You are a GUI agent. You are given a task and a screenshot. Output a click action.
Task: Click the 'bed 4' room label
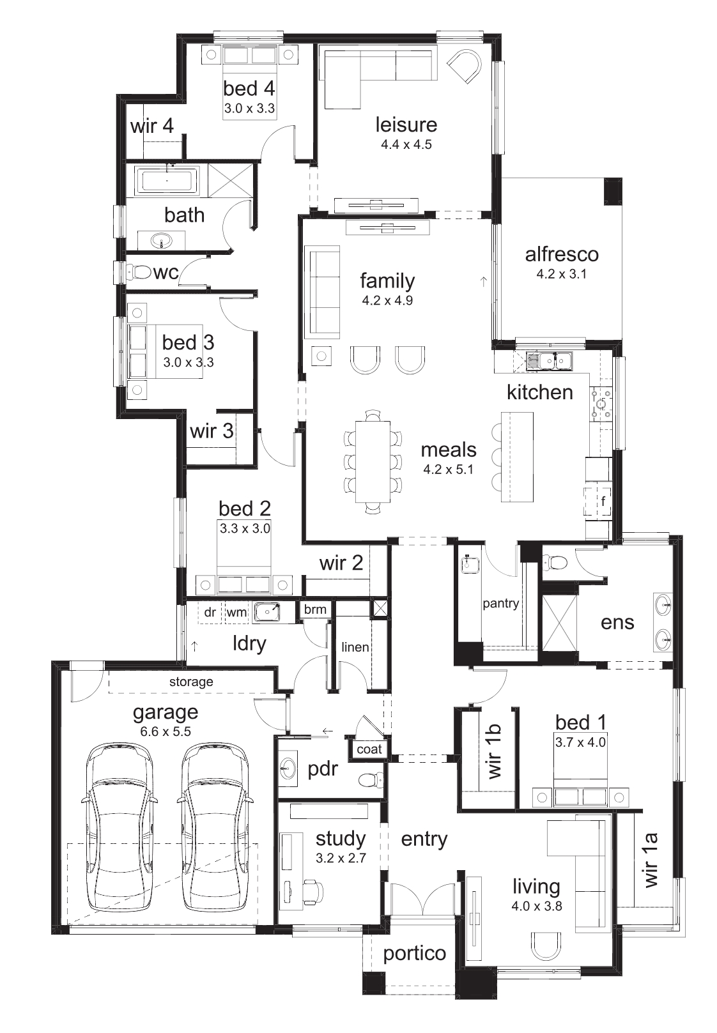point(249,88)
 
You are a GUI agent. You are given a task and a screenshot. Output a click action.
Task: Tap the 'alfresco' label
point(562,254)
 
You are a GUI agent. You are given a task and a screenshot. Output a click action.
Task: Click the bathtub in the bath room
point(167,180)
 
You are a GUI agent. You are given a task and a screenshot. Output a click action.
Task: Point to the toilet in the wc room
point(139,272)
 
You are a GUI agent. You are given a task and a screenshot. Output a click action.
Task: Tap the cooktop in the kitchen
point(601,404)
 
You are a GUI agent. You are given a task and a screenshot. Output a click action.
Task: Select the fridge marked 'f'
point(598,500)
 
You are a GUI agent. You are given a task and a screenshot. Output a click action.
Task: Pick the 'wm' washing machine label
point(237,613)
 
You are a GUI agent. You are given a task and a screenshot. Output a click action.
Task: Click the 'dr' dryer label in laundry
point(210,613)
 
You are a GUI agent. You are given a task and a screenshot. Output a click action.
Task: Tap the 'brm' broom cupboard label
point(315,609)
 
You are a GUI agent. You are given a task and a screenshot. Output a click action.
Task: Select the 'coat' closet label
point(369,749)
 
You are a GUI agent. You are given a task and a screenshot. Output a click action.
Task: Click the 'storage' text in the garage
point(191,682)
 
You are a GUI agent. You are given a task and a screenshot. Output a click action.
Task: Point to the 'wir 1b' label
point(494,752)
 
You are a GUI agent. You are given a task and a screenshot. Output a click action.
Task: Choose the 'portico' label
point(414,953)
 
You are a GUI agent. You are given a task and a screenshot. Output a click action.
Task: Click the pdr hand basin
point(288,769)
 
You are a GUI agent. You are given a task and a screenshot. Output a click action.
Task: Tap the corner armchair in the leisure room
point(465,67)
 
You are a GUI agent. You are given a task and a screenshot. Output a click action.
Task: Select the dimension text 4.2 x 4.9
point(387,301)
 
